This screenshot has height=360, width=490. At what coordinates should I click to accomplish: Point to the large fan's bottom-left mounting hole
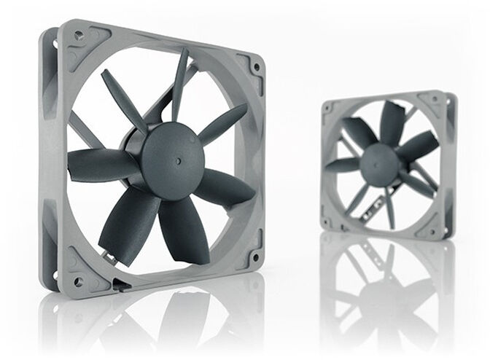click(77, 281)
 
